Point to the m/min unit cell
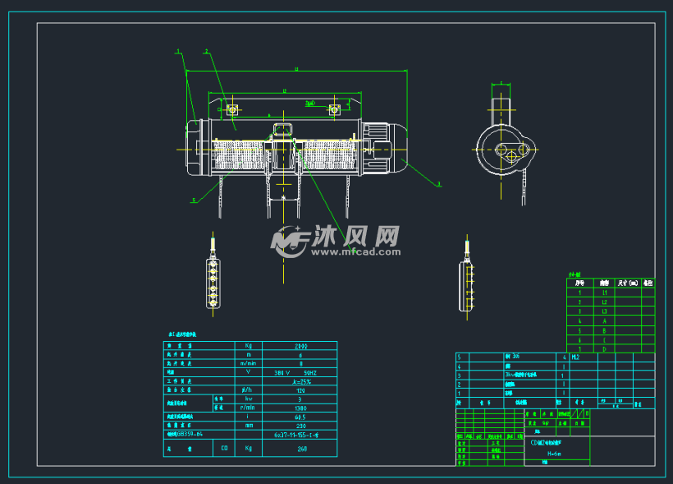pyautogui.click(x=248, y=363)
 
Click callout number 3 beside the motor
pyautogui.click(x=439, y=184)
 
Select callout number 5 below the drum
pyautogui.click(x=194, y=200)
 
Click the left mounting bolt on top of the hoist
pyautogui.click(x=233, y=108)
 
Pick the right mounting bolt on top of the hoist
pyautogui.click(x=334, y=108)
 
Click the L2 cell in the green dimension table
pyautogui.click(x=605, y=302)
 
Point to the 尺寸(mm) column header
pyautogui.click(x=627, y=283)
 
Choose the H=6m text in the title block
pyautogui.click(x=543, y=453)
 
